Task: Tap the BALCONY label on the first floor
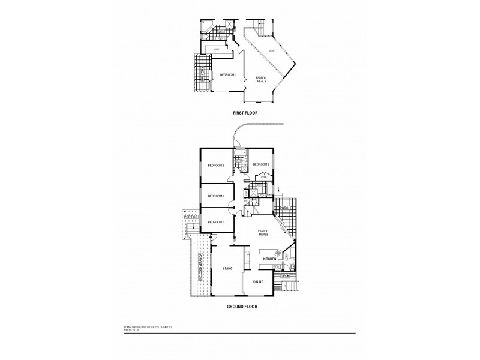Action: (x=202, y=75)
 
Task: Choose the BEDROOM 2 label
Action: (x=260, y=164)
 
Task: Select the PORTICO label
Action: (x=191, y=217)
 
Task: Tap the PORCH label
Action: (x=284, y=208)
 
